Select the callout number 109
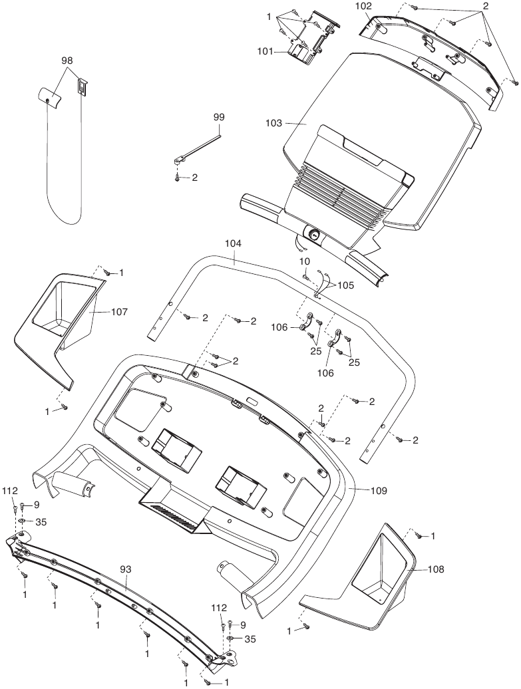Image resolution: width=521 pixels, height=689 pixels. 378,491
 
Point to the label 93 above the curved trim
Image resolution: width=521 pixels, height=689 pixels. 126,569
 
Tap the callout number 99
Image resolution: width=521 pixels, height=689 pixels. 219,117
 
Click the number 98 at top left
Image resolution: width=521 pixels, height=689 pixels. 67,61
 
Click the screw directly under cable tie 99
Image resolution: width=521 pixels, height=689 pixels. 177,178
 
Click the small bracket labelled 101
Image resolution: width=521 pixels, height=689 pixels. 304,47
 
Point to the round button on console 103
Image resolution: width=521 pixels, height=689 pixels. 312,234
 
